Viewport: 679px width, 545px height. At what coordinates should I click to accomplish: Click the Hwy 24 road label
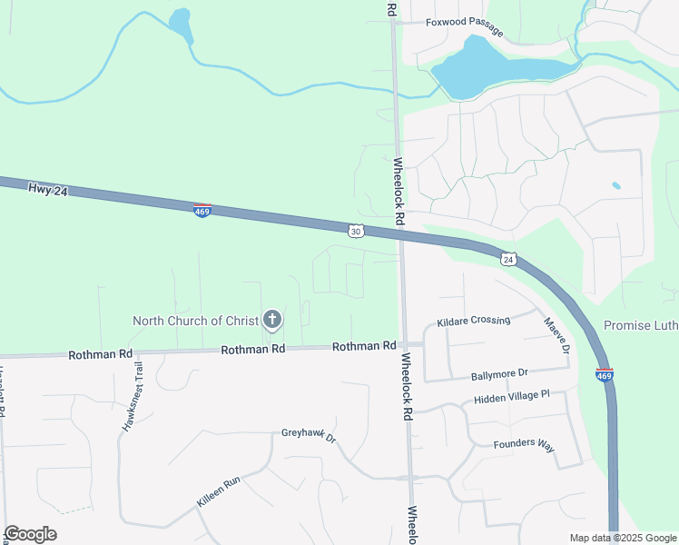[49, 189]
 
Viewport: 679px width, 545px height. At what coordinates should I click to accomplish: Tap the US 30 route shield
[357, 232]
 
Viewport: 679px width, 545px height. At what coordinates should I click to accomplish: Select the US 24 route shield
[509, 259]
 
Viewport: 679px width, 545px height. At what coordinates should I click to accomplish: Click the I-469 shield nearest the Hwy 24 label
[202, 211]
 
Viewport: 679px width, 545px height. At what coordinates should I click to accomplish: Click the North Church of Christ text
[196, 321]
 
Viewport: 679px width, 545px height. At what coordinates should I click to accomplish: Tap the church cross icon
[271, 319]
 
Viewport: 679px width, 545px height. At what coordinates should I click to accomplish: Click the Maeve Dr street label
[556, 335]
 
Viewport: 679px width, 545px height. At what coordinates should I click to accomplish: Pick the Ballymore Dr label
[499, 374]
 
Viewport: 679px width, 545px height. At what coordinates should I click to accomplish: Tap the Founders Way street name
[523, 444]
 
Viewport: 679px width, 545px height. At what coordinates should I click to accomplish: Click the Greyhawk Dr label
[309, 435]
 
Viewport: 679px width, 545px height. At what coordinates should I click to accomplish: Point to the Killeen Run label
[218, 491]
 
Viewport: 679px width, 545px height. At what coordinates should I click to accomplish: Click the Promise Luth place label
[640, 325]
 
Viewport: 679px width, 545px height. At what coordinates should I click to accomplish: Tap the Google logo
[30, 534]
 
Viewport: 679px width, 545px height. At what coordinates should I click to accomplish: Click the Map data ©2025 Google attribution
[622, 538]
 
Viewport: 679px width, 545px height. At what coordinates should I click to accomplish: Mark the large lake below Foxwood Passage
[490, 67]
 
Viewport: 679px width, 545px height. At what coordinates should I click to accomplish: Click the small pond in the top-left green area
[182, 23]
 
